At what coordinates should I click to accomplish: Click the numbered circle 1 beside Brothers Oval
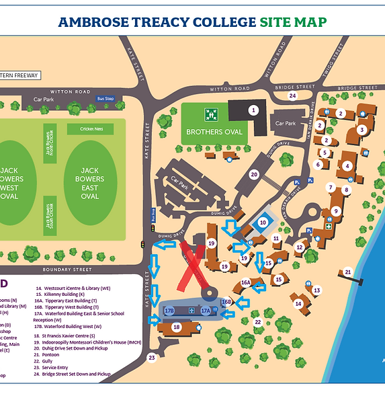[x=253, y=109]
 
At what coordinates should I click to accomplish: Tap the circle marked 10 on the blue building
[x=263, y=222]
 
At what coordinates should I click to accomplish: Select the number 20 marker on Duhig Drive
[x=253, y=174]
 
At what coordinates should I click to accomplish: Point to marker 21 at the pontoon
[x=347, y=272]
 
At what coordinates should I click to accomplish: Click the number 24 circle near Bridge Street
[x=292, y=96]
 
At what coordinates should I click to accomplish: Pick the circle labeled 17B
[x=169, y=311]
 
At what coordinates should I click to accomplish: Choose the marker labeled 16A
[x=246, y=283]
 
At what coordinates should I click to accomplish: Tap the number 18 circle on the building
[x=177, y=327]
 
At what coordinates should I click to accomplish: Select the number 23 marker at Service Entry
[x=152, y=357]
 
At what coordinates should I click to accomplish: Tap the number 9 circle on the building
[x=335, y=211]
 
